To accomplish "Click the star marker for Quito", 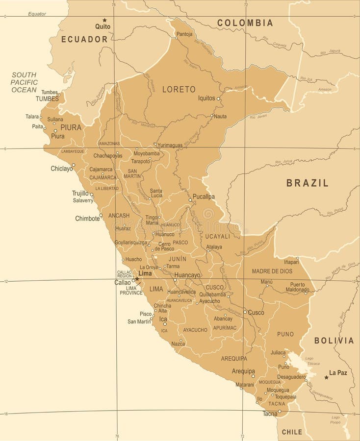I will (x=104, y=20).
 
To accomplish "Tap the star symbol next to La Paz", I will (x=326, y=377).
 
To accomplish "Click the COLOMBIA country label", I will (x=245, y=23).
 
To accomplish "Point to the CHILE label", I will (x=292, y=432).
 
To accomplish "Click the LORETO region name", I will (x=179, y=89).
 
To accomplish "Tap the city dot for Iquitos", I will (x=218, y=98).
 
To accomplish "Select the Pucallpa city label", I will (x=204, y=196).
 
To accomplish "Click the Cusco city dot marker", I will (x=245, y=312).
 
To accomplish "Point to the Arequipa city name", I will (x=243, y=371).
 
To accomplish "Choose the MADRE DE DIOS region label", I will (x=272, y=271).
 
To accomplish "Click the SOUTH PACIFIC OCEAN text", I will (x=24, y=82).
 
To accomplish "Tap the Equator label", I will (x=37, y=14).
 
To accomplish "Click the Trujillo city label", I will (x=80, y=193).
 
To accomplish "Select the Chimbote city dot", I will (x=101, y=215).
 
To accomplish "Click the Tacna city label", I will (x=270, y=414).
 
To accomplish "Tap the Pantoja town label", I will (x=184, y=34).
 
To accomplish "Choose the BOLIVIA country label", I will (x=334, y=341).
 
